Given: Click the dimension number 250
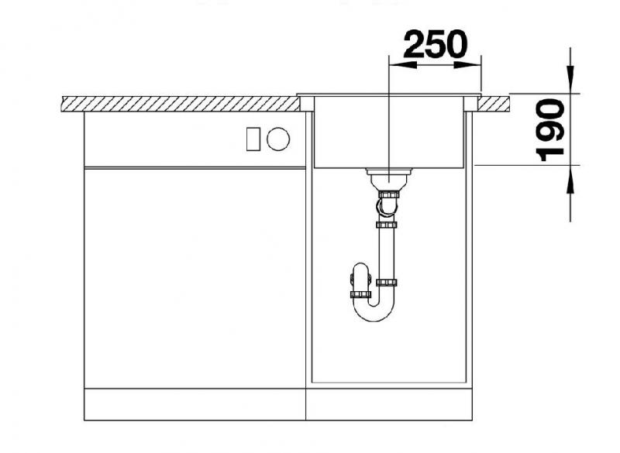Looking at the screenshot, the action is (x=435, y=44).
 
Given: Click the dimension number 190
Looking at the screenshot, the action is (x=550, y=130).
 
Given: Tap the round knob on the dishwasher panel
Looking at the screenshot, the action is (x=278, y=139).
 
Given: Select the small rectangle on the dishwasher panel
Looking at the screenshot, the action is (x=253, y=139).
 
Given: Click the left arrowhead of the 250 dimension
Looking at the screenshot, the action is (x=402, y=64).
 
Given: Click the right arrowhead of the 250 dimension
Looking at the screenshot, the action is (x=467, y=64).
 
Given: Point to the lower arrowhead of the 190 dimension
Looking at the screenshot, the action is (x=570, y=180).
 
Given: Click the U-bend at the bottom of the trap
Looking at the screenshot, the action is (x=374, y=312).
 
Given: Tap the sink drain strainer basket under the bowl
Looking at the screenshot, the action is (x=389, y=180).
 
